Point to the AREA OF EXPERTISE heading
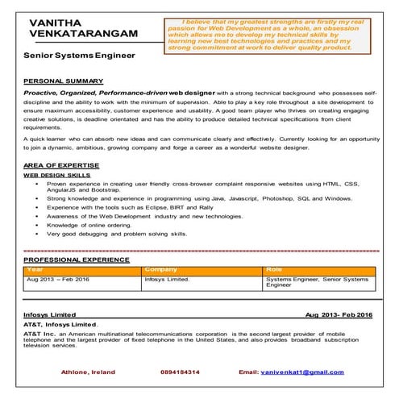[x=60, y=164]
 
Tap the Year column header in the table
[x=35, y=269]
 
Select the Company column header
[x=161, y=269]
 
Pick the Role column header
[x=274, y=269]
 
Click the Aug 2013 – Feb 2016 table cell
[x=58, y=279]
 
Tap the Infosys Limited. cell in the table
[x=166, y=279]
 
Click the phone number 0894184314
[x=181, y=372]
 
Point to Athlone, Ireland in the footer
[x=89, y=372]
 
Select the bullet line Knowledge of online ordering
[x=89, y=225]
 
